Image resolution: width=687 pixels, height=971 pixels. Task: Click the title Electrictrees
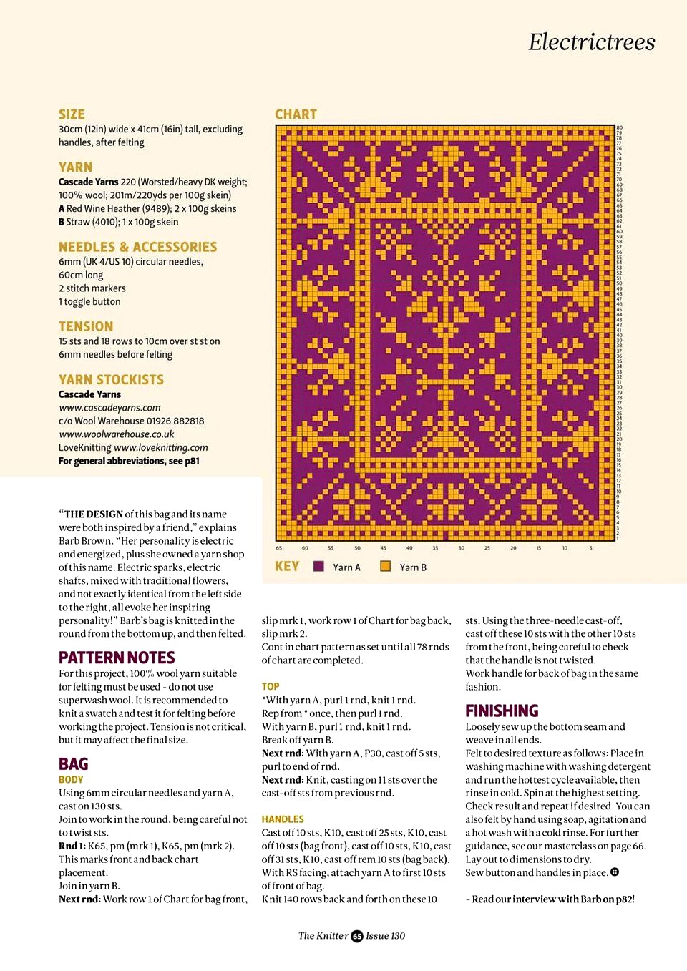(x=592, y=42)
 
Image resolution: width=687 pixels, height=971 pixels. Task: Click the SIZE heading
(x=72, y=114)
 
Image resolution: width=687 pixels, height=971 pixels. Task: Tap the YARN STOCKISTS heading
(x=111, y=380)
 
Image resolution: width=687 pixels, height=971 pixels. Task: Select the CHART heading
(x=296, y=114)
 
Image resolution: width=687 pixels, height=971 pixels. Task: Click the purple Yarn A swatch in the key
(x=319, y=567)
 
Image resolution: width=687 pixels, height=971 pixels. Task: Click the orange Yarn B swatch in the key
(x=386, y=567)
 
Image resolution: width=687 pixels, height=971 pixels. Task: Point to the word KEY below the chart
(x=287, y=567)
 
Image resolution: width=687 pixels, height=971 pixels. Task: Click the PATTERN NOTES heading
(x=117, y=658)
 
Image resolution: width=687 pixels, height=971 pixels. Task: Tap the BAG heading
(x=73, y=764)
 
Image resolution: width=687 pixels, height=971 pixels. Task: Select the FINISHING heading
(x=502, y=711)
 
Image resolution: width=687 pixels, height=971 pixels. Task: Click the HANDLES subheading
(x=283, y=819)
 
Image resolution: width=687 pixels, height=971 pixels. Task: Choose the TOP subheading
(x=271, y=686)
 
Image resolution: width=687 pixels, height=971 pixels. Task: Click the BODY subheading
(x=71, y=780)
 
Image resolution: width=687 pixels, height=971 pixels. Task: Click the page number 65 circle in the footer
(x=357, y=936)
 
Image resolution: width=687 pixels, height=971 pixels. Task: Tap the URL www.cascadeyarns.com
(x=109, y=408)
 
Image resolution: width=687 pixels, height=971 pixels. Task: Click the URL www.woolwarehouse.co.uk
(x=116, y=434)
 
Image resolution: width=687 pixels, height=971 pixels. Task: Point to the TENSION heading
(x=86, y=327)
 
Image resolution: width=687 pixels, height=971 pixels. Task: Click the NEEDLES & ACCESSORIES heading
(x=137, y=247)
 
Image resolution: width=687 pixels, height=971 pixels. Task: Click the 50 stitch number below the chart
(x=357, y=548)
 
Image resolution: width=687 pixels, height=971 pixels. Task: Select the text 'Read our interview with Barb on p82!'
(x=552, y=899)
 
